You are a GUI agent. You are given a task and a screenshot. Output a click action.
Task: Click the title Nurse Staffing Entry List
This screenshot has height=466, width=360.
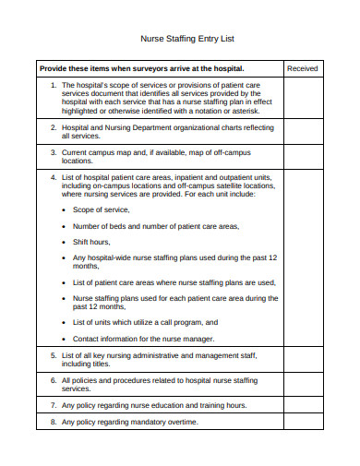point(179,39)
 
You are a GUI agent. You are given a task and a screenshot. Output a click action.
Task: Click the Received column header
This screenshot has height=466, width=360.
point(302,68)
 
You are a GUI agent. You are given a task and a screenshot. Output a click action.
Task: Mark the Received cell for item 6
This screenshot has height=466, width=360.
point(302,384)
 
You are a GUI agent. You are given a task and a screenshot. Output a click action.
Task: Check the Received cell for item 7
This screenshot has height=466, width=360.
point(302,405)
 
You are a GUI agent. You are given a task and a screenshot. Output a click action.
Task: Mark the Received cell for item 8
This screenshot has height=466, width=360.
point(302,422)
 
